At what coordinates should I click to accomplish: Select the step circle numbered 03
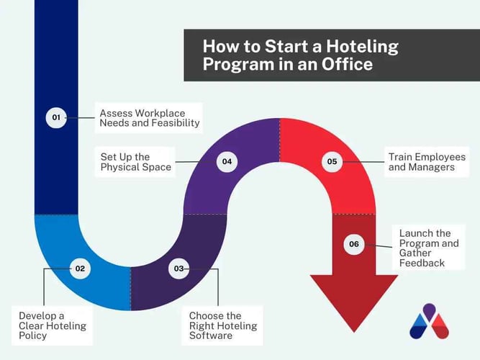coord(178,269)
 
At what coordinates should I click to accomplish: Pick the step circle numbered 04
coord(227,161)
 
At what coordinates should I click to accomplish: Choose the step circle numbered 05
coord(332,161)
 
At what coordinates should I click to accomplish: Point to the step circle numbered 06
coord(353,244)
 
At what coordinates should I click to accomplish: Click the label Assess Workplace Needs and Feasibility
coord(149,117)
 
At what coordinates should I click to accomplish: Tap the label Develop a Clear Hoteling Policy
coord(53,325)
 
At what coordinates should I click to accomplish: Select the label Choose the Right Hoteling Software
coord(222,325)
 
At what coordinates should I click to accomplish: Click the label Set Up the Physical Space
coord(136,161)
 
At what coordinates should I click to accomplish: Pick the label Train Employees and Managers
coord(427,161)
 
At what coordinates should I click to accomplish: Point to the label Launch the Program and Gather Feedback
coord(429,248)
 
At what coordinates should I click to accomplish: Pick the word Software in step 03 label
coord(212,336)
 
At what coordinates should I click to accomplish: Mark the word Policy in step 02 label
coord(34,336)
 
